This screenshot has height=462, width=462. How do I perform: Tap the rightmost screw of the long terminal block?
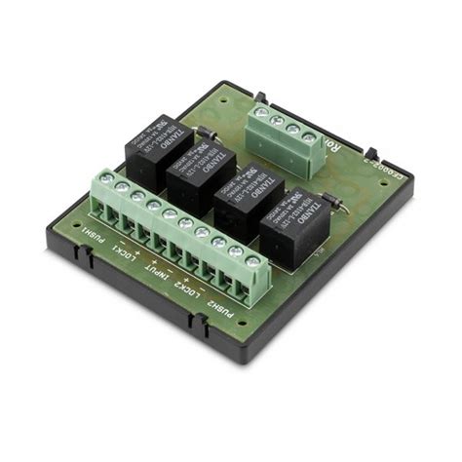pos(252,261)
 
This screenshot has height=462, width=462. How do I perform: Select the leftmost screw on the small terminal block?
pos(262,113)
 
